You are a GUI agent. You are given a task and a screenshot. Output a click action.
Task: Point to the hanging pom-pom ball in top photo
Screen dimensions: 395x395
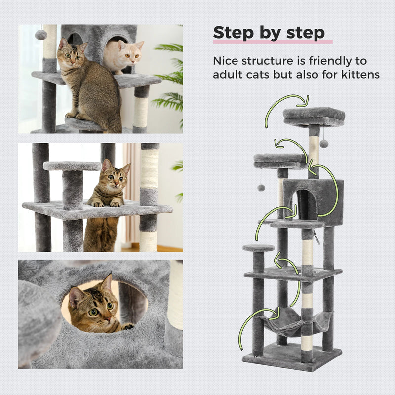point(41,35)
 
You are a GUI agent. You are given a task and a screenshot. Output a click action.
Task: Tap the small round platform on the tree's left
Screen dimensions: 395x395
point(258,248)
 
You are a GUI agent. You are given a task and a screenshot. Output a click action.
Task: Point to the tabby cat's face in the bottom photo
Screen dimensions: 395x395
point(94,309)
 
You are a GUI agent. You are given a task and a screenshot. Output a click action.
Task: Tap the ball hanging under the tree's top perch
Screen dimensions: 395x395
point(324,143)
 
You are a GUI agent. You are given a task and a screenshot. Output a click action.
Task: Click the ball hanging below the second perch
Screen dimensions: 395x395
point(261,188)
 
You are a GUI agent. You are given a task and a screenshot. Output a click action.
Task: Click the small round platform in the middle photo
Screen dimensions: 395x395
point(72,166)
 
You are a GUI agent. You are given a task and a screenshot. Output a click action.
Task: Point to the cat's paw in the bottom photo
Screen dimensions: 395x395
point(127,326)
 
